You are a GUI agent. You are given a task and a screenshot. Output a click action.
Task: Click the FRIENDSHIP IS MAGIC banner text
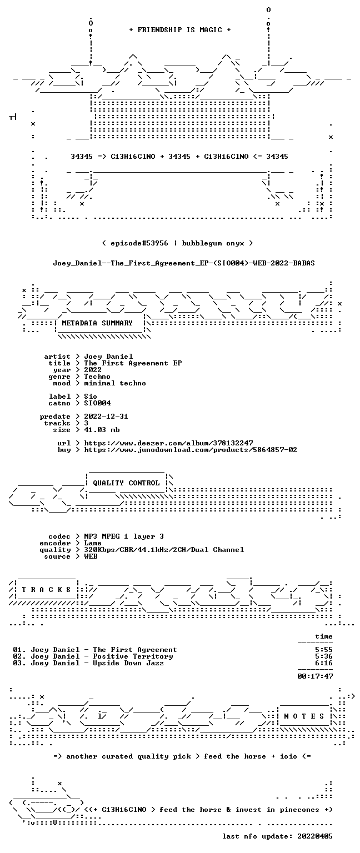pyautogui.click(x=180, y=29)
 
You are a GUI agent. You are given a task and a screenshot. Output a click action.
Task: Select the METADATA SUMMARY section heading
pyautogui.click(x=97, y=323)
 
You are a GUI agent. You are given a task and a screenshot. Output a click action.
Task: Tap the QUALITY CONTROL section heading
pyautogui.click(x=126, y=483)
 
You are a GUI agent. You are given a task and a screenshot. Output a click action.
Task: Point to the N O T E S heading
pyautogui.click(x=304, y=716)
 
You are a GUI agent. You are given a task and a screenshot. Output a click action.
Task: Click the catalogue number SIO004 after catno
pyautogui.click(x=98, y=403)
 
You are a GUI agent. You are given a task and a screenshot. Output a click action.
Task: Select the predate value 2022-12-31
pyautogui.click(x=106, y=416)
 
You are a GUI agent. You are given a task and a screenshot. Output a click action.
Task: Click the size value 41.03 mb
pyautogui.click(x=102, y=429)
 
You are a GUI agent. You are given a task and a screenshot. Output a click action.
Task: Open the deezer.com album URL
pyautogui.click(x=168, y=443)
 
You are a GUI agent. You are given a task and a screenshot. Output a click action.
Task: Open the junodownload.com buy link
pyautogui.click(x=191, y=450)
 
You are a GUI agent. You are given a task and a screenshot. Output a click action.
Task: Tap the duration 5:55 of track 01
pyautogui.click(x=324, y=650)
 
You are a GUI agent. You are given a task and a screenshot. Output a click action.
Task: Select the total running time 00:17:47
pyautogui.click(x=315, y=676)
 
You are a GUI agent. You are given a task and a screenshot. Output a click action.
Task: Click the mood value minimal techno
pyautogui.click(x=115, y=383)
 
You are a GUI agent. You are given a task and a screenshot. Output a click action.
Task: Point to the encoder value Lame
pyautogui.click(x=93, y=543)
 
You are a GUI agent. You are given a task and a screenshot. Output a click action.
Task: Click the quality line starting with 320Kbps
pyautogui.click(x=164, y=549)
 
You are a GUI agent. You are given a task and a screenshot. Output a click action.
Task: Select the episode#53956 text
pyautogui.click(x=139, y=243)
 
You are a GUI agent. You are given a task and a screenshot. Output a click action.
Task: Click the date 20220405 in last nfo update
pyautogui.click(x=315, y=836)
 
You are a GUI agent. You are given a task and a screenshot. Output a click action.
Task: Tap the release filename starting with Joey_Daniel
pyautogui.click(x=184, y=263)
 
